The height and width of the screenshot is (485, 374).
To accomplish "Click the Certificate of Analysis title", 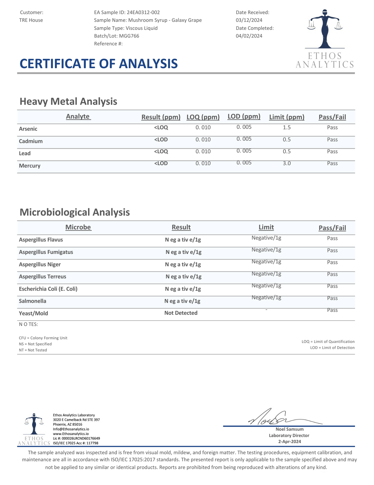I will click(99, 64).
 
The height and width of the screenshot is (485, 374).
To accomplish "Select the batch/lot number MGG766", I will click(129, 36).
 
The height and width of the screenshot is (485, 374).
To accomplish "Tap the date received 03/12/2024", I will click(249, 20).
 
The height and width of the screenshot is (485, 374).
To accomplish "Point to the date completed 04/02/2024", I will click(249, 36).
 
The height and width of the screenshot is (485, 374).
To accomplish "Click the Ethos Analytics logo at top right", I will click(325, 39).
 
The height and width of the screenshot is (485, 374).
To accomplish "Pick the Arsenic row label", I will click(28, 129).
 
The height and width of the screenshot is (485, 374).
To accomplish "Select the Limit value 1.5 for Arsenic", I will click(287, 127).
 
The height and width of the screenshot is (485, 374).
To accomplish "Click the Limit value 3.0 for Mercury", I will click(287, 163).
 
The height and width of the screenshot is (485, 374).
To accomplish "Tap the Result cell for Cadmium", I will click(161, 139).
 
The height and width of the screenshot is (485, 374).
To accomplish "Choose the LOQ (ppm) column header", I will click(203, 117).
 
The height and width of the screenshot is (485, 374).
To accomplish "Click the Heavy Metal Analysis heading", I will click(68, 101).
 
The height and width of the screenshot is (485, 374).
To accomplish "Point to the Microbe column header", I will click(78, 227).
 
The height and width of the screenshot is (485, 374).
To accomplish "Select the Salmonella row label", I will click(33, 301).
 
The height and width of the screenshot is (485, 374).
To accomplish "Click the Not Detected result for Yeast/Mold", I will click(181, 313).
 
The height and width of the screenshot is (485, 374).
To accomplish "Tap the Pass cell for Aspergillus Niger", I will click(332, 262).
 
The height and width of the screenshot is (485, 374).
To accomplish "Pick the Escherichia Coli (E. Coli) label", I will click(48, 289).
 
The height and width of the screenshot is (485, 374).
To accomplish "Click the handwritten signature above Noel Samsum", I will click(274, 418).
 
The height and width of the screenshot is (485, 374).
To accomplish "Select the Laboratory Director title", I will click(289, 435).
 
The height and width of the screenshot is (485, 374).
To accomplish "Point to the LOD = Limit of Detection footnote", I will click(332, 348).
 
